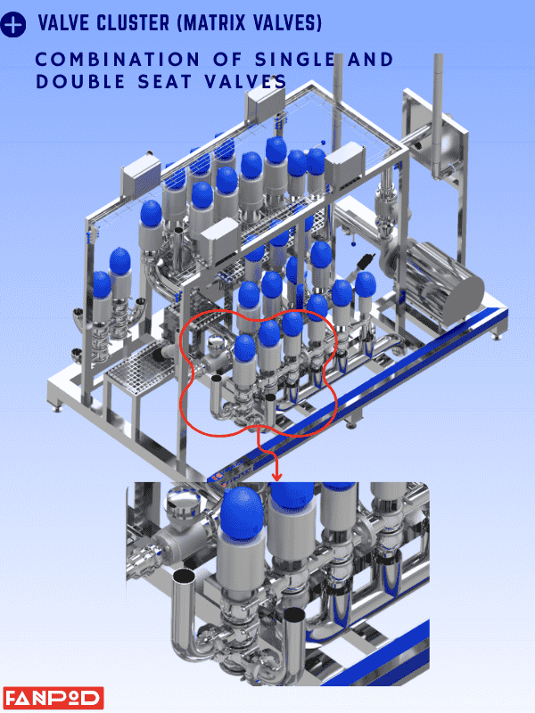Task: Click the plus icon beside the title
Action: (13, 24)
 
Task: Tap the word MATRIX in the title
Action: (213, 23)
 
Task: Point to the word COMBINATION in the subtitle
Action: (118, 60)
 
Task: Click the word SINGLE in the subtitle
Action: (295, 60)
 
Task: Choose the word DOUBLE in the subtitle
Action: (80, 82)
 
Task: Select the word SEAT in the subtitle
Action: (165, 82)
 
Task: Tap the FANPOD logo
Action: (53, 698)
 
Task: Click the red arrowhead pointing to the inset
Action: (276, 476)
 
